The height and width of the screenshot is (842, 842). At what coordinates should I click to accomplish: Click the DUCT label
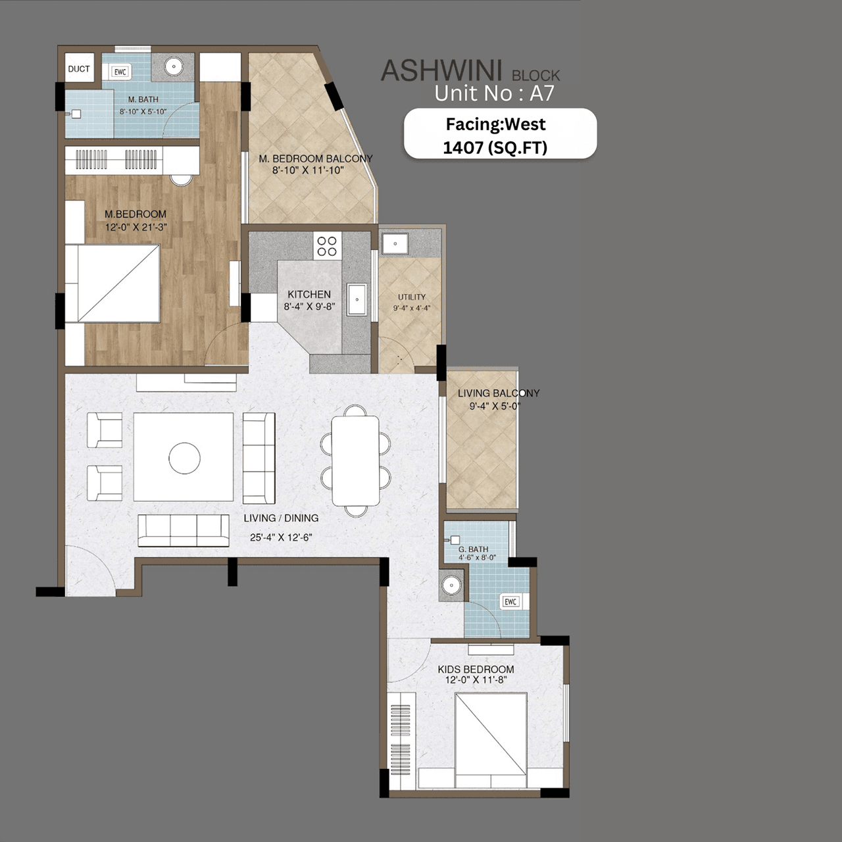pos(79,69)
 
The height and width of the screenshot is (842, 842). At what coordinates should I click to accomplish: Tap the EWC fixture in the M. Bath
pos(120,72)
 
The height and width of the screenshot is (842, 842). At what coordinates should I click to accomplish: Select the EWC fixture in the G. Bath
pos(510,601)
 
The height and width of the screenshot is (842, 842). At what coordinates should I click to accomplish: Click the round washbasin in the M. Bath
pos(174,66)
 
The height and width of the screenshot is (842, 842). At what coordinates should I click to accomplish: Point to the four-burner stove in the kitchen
pos(327,246)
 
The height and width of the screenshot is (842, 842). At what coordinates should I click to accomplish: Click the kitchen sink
pos(357,300)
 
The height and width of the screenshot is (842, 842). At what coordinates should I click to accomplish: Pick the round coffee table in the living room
pos(184,458)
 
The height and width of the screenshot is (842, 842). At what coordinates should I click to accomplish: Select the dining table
pos(355,460)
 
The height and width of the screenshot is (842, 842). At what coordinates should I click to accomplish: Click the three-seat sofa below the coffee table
pos(184,530)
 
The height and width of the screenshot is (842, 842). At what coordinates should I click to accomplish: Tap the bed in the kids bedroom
pos(491,740)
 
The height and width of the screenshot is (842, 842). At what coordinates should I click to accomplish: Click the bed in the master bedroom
pos(118,284)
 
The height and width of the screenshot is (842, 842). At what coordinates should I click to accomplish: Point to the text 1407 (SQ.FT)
pos(495,147)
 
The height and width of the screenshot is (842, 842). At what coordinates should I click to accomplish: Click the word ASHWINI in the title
pos(441,71)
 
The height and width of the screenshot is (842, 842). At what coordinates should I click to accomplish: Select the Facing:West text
pos(496,124)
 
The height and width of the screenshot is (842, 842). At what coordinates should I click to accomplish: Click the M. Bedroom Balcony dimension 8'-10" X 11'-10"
pos(309,170)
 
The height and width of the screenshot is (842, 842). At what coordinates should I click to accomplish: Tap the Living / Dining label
pos(281,518)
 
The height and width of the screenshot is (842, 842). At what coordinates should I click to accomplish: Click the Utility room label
pos(412,297)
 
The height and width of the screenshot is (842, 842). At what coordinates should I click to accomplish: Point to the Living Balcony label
pos(499,393)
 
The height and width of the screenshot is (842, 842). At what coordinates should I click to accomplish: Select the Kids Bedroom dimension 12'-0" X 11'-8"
pos(476,680)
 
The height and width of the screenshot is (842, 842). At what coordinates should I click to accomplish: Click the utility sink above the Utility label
pos(395,243)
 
